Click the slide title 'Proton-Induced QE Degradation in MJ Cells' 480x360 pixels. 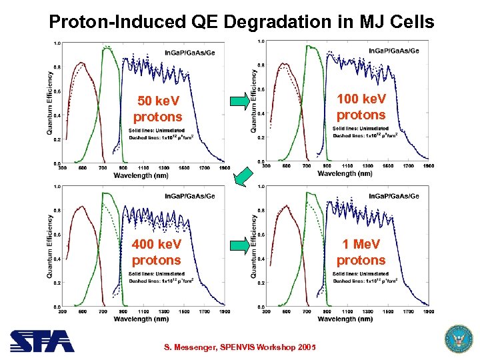tap(241, 21)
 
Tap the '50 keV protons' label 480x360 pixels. tap(157, 109)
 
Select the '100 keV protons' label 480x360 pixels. tap(361, 107)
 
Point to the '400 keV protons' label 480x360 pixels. tap(157, 252)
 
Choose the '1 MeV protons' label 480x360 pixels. tap(361, 252)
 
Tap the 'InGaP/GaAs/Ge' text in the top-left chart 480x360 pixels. tap(190, 53)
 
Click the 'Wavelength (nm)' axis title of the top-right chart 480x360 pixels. tap(345, 173)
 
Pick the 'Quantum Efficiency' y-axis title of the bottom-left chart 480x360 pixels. tap(50, 245)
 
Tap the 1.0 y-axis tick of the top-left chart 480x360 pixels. tap(57, 43)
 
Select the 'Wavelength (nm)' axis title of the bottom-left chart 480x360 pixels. tap(141, 319)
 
